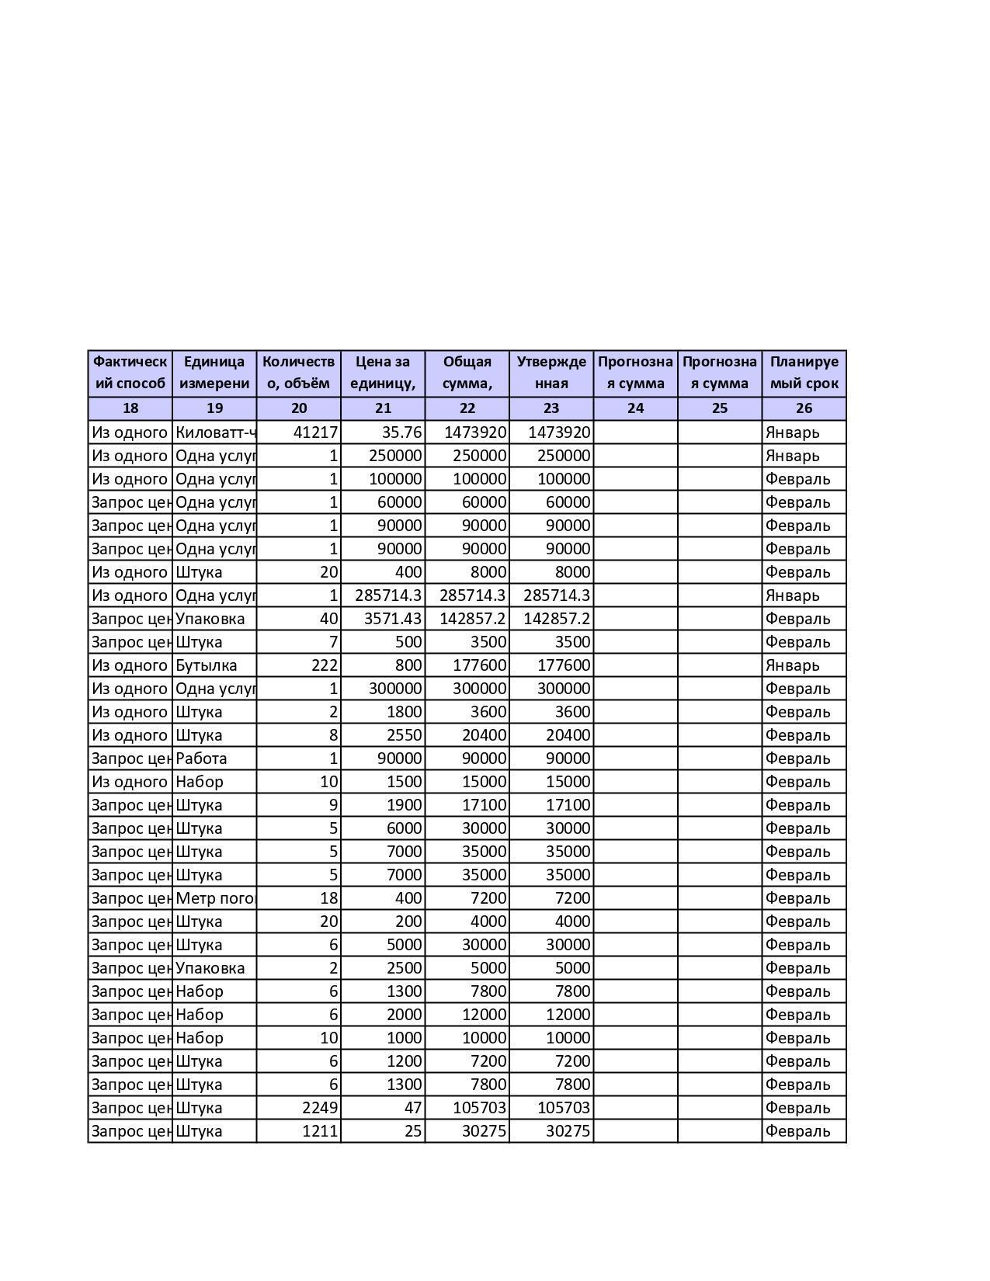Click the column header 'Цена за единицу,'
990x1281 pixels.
tap(383, 373)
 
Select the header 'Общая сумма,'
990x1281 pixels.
tap(467, 373)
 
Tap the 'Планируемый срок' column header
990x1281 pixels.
tap(804, 373)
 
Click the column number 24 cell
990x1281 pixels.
tap(635, 408)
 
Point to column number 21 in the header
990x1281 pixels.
tap(383, 408)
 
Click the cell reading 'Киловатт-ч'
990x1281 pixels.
tap(215, 432)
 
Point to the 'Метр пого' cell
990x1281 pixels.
tap(215, 898)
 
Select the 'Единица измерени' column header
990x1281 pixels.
tap(214, 373)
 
